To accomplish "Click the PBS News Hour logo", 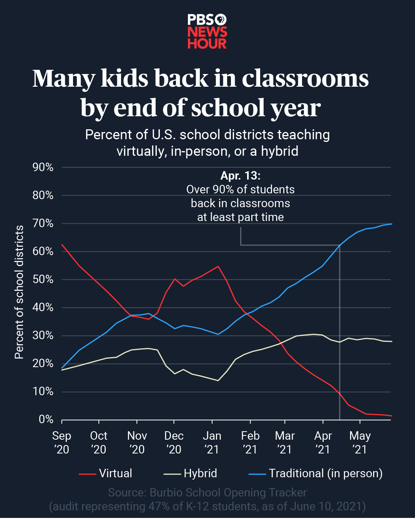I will [207, 31].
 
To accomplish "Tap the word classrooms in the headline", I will [305, 79].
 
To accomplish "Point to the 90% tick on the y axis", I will [43, 167].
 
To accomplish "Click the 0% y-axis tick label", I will [46, 419].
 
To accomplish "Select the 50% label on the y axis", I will [43, 279].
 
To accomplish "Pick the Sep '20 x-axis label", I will [61, 442].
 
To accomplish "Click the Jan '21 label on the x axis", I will [212, 442].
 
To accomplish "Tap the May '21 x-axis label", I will [360, 442].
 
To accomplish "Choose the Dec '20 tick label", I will [174, 442].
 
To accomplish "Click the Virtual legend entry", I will [115, 473].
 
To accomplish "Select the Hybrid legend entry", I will [200, 473].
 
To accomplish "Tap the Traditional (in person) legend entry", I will [325, 473].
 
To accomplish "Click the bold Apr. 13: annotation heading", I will [241, 176].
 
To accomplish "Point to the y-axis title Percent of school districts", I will [19, 292].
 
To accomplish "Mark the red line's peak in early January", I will [218, 266].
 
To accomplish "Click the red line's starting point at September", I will [62, 244].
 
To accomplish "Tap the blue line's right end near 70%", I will [391, 224].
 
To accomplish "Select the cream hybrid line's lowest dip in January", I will [218, 380].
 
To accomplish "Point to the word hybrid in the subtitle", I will [279, 151].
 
